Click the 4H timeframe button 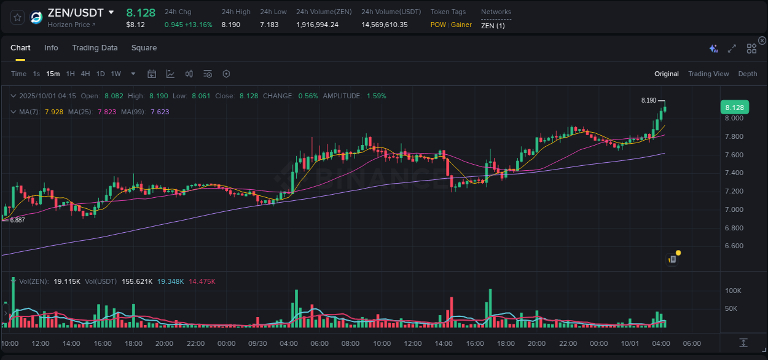click(85, 74)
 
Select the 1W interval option click(116, 74)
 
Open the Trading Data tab click(95, 48)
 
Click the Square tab click(144, 48)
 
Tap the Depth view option click(747, 74)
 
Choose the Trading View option click(708, 74)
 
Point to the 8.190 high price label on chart click(648, 100)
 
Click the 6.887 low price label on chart click(17, 220)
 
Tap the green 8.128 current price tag click(734, 108)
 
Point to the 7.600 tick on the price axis click(734, 155)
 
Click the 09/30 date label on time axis click(257, 343)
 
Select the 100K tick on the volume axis click(732, 291)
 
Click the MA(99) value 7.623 click(159, 112)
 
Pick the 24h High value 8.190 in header click(230, 25)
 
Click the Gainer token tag click(461, 25)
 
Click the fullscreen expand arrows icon click(732, 49)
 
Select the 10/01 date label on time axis click(630, 343)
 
